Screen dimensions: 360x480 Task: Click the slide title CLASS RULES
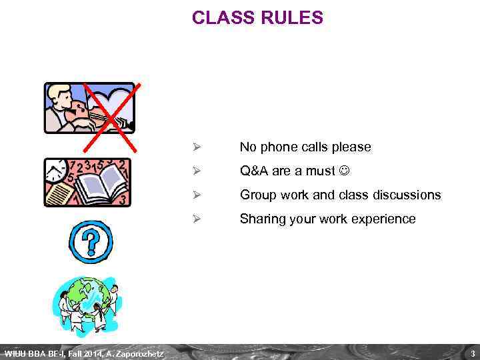[x=257, y=18]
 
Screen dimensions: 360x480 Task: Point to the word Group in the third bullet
[x=257, y=195]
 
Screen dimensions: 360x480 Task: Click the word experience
[x=384, y=219]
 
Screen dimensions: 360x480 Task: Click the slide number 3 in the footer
[x=472, y=353]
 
